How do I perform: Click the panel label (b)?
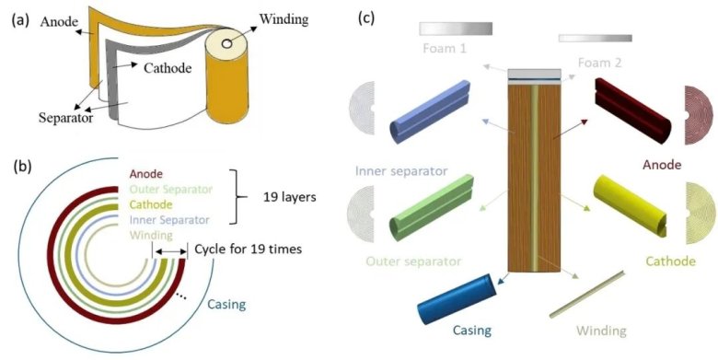click(x=21, y=167)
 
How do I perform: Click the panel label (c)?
click(x=366, y=17)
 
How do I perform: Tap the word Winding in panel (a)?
click(x=284, y=19)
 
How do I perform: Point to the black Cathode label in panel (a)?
click(x=168, y=68)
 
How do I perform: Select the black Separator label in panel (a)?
click(x=65, y=118)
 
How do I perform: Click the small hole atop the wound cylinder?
click(x=226, y=44)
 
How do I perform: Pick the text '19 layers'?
click(x=290, y=197)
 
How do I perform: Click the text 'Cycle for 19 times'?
click(x=249, y=250)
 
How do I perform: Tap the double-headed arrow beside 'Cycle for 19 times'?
click(x=170, y=251)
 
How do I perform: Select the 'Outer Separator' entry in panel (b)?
click(x=171, y=189)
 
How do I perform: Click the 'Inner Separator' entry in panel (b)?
click(x=169, y=220)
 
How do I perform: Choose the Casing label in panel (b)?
click(x=226, y=304)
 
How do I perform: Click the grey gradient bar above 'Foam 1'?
click(x=456, y=29)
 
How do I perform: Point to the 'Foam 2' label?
click(x=599, y=63)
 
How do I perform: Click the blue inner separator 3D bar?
click(x=430, y=111)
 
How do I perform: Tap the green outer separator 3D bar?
click(x=431, y=207)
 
